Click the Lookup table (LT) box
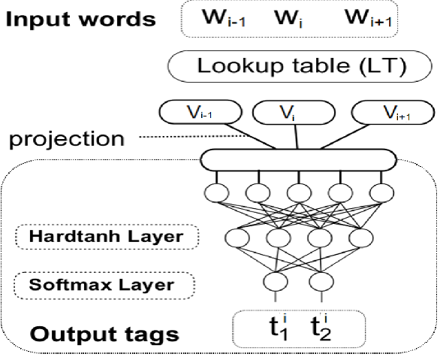pyautogui.click(x=300, y=66)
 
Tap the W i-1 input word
pyautogui.click(x=224, y=18)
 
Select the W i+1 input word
pyautogui.click(x=369, y=17)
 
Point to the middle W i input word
pyautogui.click(x=288, y=19)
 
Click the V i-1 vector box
pyautogui.click(x=200, y=112)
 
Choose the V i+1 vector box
pyautogui.click(x=393, y=112)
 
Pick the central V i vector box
pyautogui.click(x=294, y=112)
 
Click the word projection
pyautogui.click(x=67, y=140)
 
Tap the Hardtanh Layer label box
pyautogui.click(x=107, y=237)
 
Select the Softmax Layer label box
pyautogui.click(x=104, y=286)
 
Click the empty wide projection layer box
pyautogui.click(x=298, y=160)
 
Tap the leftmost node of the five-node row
pyautogui.click(x=216, y=193)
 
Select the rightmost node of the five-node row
pyautogui.click(x=381, y=193)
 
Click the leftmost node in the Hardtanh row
pyautogui.click(x=237, y=237)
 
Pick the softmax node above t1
pyautogui.click(x=275, y=282)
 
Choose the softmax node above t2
pyautogui.click(x=321, y=282)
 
